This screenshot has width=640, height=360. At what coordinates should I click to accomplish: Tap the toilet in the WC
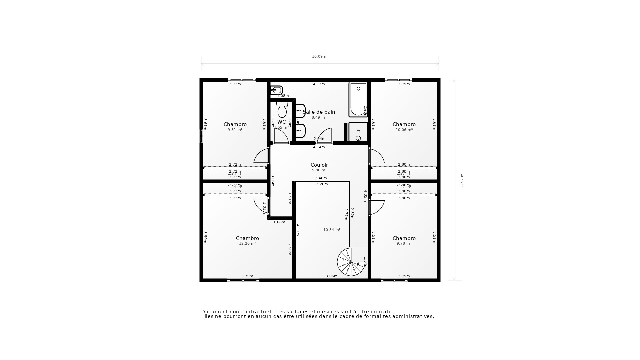[282, 110]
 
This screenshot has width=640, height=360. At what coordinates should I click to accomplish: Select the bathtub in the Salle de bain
[358, 99]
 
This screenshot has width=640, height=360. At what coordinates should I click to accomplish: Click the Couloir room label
[319, 165]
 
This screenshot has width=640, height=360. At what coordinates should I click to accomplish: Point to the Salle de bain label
[319, 112]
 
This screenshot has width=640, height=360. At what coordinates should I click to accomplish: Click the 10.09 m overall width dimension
[320, 57]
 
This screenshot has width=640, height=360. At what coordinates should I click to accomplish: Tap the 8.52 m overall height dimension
[462, 180]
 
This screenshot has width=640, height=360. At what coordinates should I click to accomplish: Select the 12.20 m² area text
[247, 244]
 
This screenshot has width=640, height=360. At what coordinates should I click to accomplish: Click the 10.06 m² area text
[404, 130]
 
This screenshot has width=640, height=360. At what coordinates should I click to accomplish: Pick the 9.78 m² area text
[404, 244]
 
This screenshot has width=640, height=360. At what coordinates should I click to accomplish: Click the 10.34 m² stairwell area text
[332, 230]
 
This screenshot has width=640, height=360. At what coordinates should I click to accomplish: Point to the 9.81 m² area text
[235, 130]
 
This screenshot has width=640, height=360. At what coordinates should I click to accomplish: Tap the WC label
[281, 122]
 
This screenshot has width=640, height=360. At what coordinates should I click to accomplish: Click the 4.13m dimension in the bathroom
[319, 84]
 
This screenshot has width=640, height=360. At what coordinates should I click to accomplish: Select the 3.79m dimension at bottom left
[247, 276]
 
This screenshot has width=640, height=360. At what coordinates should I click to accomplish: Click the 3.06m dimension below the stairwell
[331, 276]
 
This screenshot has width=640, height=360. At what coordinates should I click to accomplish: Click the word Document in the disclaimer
[215, 312]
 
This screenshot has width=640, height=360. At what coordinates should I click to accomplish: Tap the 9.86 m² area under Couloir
[319, 170]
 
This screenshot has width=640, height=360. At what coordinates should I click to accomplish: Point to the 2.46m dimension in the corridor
[321, 178]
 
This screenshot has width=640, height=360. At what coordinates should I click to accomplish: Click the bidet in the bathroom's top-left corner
[276, 90]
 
